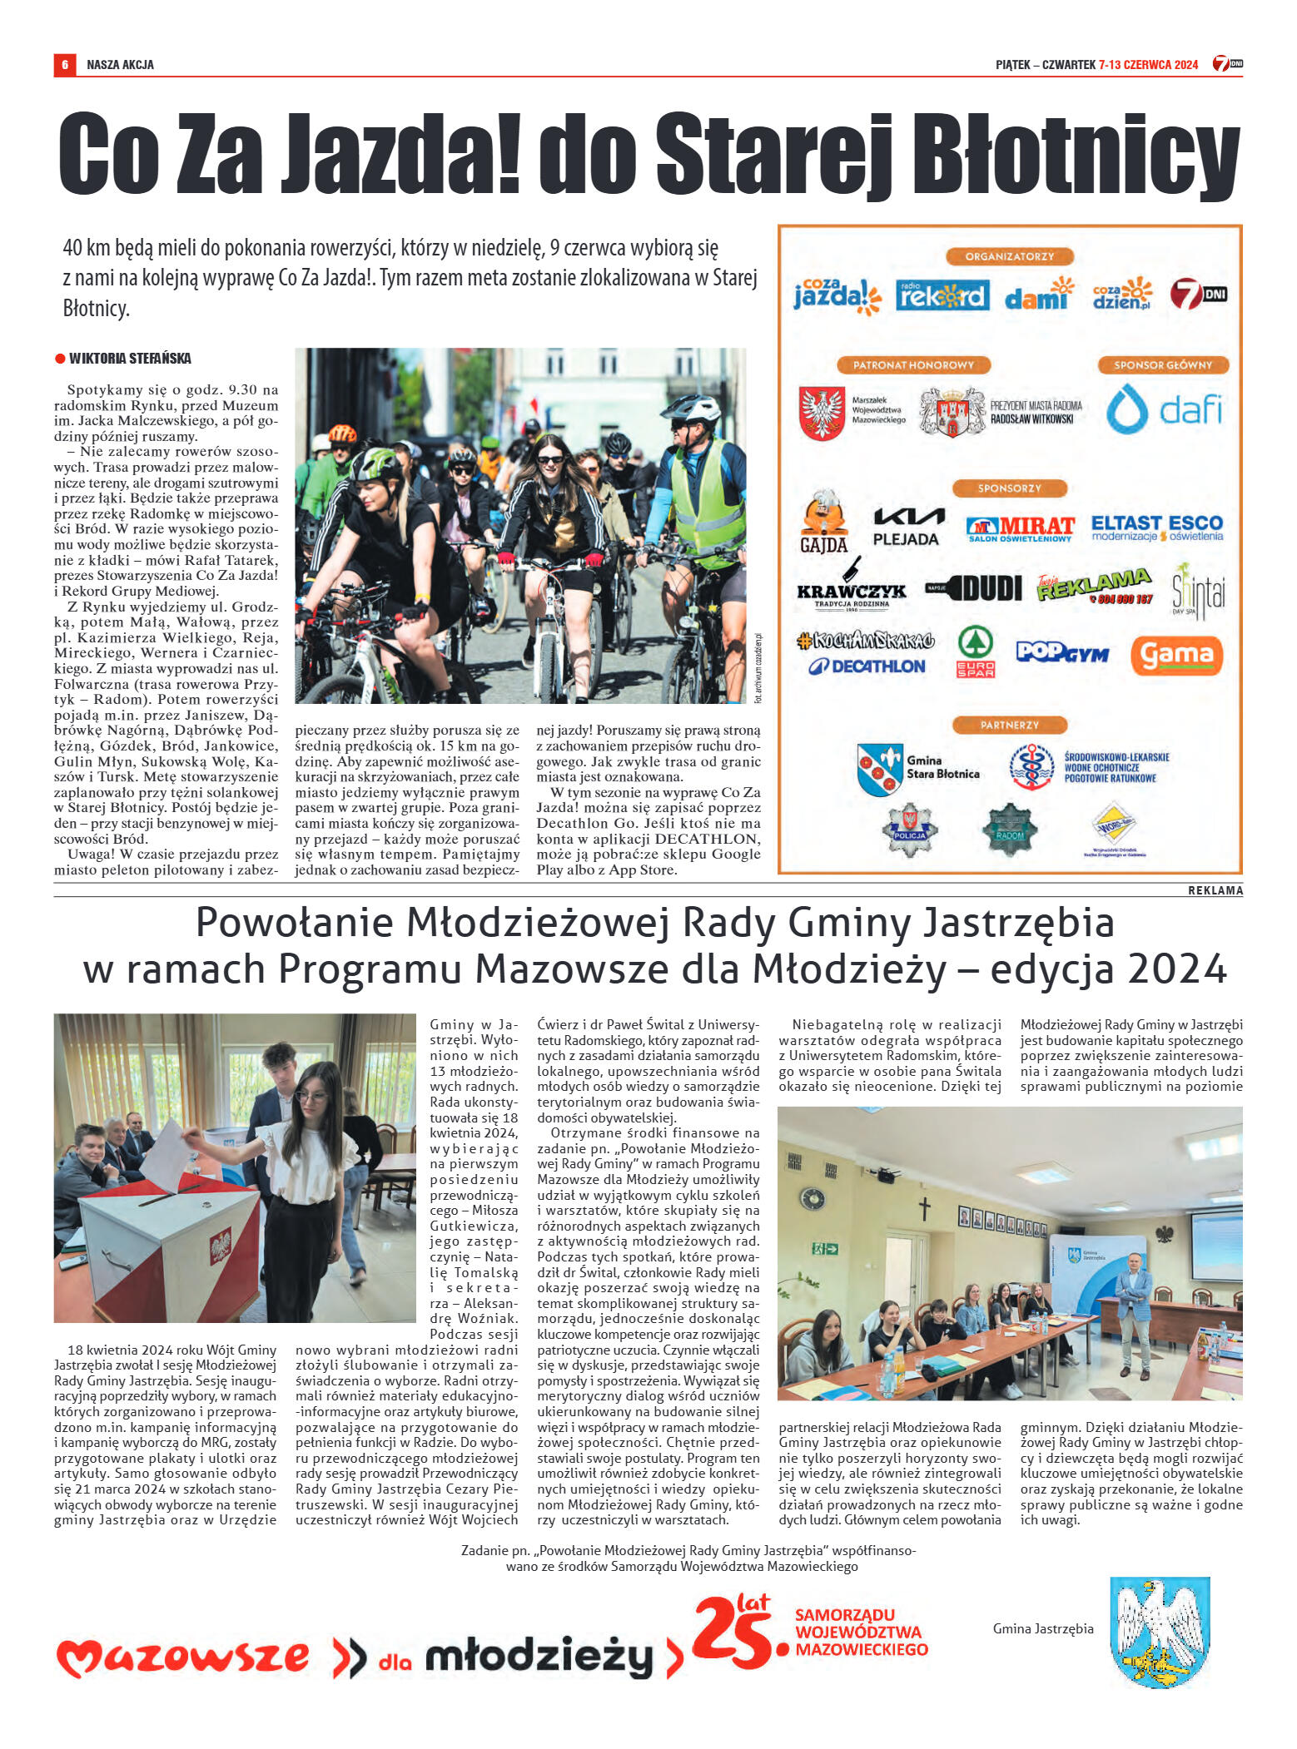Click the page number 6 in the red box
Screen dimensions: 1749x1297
(x=64, y=64)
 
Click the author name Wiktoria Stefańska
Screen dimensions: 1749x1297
(x=129, y=359)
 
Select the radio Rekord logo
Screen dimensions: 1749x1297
(x=942, y=295)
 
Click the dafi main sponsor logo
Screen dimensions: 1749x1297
(x=1164, y=409)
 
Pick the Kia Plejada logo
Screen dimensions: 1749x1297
(x=907, y=527)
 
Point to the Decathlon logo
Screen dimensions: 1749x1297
(x=867, y=666)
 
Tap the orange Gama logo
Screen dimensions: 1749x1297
(x=1175, y=656)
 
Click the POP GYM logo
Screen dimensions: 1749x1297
(x=1062, y=652)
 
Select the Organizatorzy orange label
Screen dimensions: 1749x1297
(x=1009, y=257)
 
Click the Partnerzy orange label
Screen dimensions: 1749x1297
(x=1009, y=725)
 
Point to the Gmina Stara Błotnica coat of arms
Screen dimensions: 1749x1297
(x=880, y=769)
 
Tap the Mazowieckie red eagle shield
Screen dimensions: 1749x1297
(x=822, y=412)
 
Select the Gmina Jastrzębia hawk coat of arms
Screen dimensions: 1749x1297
(x=1160, y=1632)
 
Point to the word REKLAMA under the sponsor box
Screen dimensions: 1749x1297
(x=1215, y=890)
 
